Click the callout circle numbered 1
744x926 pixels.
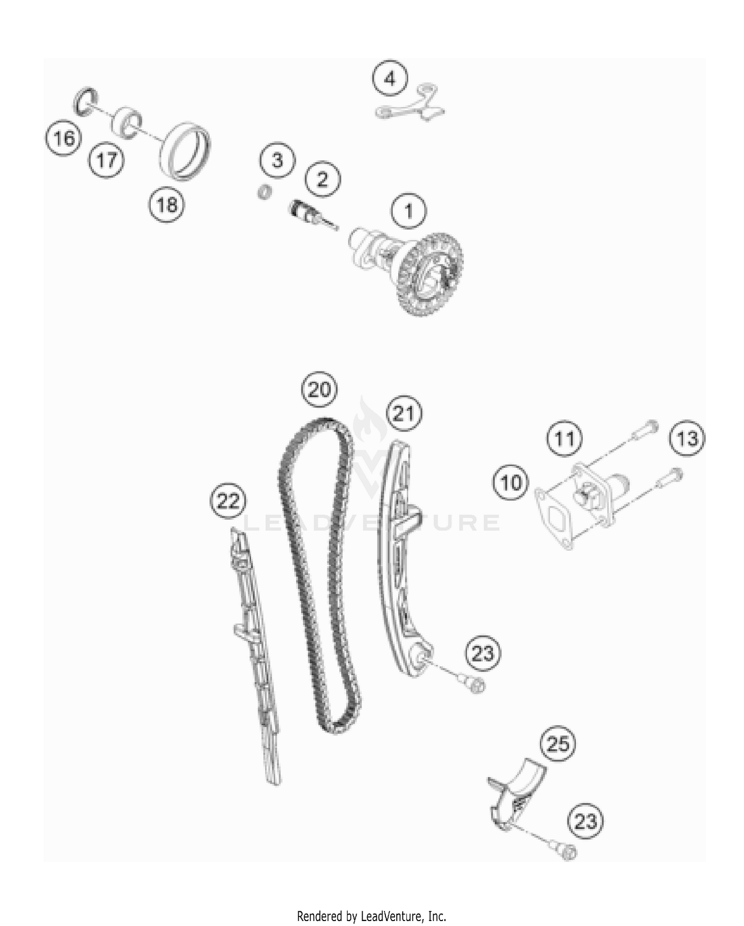(x=408, y=212)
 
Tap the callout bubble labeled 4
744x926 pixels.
(x=390, y=78)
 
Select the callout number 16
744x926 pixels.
(x=64, y=138)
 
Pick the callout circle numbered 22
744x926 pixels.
(x=228, y=502)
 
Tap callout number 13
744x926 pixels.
(x=687, y=438)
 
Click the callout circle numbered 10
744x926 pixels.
(x=511, y=482)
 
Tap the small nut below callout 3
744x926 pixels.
(x=266, y=191)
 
